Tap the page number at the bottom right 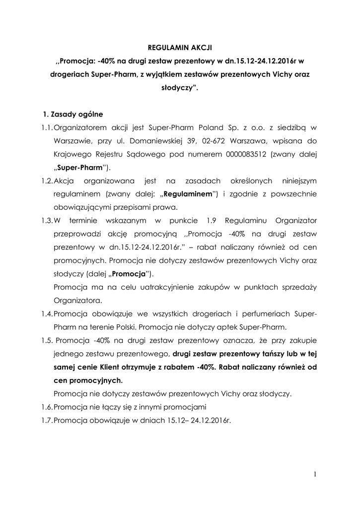[315, 474]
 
